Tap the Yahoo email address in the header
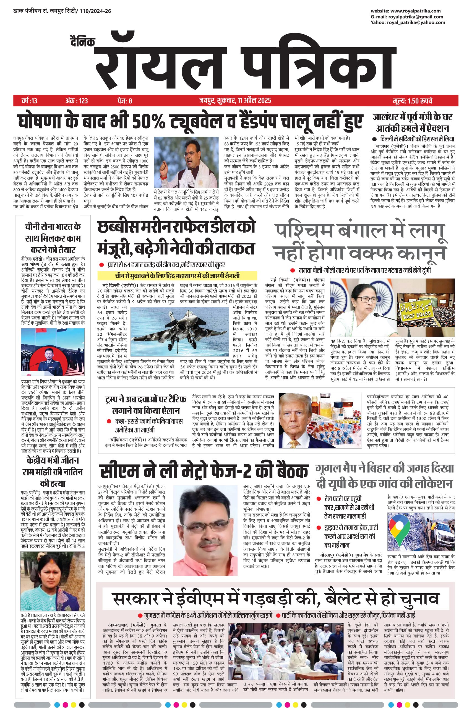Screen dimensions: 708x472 417,23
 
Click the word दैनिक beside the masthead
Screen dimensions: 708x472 81,42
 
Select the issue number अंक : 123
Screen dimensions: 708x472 77,101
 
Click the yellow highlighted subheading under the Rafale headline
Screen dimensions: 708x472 178,276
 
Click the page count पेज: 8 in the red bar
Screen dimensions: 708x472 125,101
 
